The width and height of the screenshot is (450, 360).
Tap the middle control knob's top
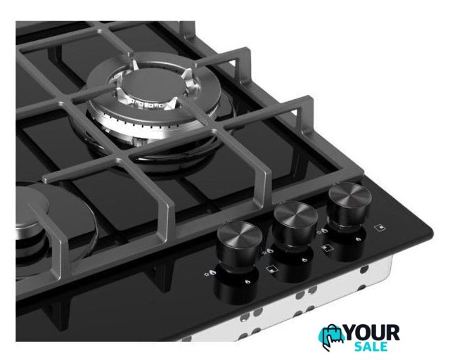[295, 213]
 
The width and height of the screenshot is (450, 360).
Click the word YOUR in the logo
[372, 333]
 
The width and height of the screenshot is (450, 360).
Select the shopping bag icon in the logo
[332, 336]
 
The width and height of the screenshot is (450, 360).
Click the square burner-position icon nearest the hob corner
[380, 228]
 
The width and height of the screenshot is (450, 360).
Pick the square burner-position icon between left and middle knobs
[271, 269]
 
